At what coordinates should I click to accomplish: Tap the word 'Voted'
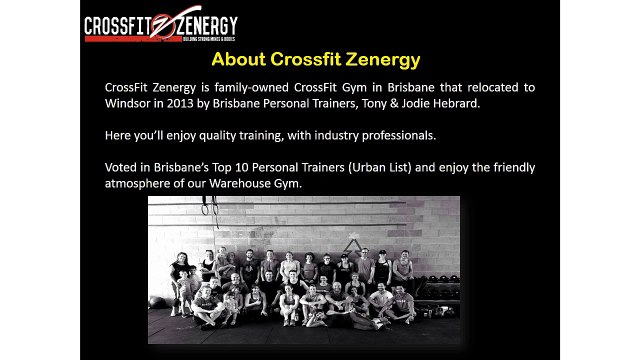122,167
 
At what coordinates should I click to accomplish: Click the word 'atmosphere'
141,183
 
